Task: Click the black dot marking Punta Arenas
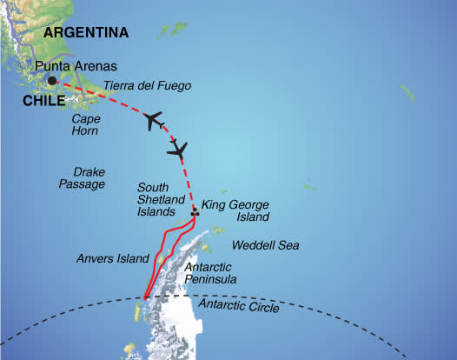coord(52,81)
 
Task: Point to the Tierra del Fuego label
coord(147,86)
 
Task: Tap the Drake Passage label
coord(89,177)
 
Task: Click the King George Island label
coord(235,211)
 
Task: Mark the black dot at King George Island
coord(195,210)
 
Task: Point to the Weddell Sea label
coord(266,246)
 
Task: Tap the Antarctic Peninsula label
coord(210,273)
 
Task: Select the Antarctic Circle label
coord(240,307)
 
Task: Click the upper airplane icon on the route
coord(154,120)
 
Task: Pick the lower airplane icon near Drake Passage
coord(178,151)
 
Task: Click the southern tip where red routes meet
coord(145,298)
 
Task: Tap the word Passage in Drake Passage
coord(89,184)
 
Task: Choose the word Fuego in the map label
coord(173,86)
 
